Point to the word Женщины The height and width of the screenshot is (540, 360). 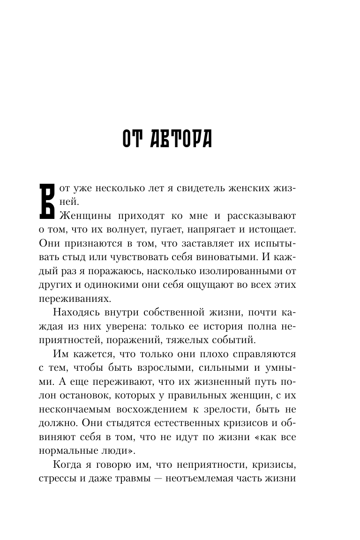[x=82, y=217]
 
